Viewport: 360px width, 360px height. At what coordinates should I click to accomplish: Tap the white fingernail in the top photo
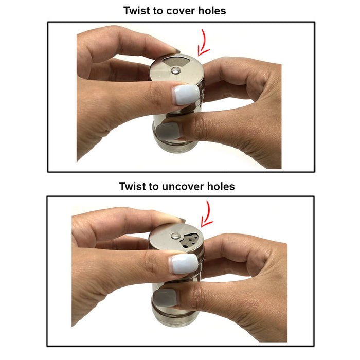point(186,95)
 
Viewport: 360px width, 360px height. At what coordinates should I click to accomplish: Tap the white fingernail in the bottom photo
point(184,264)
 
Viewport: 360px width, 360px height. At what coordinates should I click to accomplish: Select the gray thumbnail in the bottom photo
point(166,298)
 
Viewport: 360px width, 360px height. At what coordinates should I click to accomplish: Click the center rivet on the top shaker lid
point(176,70)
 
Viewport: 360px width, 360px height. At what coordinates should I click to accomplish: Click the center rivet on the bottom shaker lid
point(176,236)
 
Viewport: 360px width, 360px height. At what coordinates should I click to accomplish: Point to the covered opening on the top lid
point(176,62)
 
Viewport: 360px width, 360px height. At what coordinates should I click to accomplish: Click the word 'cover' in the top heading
point(180,11)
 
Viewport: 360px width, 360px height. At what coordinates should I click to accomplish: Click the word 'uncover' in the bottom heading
point(183,186)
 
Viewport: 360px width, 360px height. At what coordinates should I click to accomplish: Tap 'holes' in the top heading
point(212,11)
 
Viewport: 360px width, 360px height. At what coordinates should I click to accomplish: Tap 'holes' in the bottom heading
point(221,186)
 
